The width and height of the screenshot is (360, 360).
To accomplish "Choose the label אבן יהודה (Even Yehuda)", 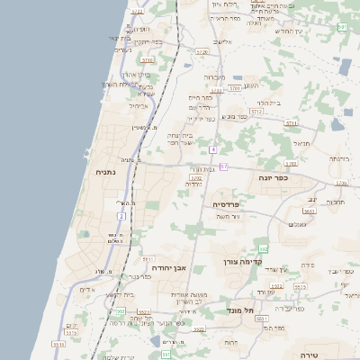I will (167, 267).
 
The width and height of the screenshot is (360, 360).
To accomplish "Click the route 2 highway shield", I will (121, 216).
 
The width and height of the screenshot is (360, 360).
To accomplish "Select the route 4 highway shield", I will (212, 148).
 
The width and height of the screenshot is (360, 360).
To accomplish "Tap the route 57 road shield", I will (223, 166).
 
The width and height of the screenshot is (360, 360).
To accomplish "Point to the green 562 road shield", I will (263, 248).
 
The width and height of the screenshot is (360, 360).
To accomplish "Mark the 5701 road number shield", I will (235, 88).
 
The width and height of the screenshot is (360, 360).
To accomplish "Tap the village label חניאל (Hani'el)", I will (301, 142).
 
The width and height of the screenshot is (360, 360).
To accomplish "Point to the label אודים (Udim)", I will (86, 290).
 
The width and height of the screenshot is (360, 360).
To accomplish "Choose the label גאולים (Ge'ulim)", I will (297, 223).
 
